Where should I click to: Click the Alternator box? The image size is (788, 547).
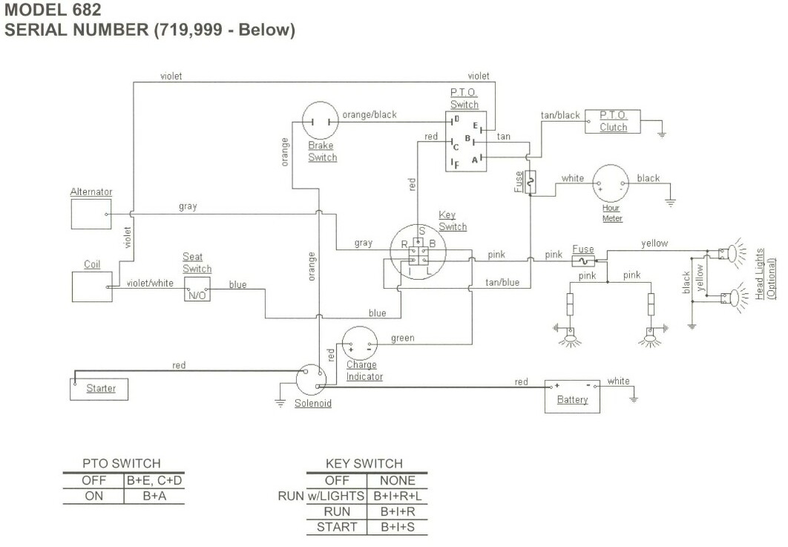click(x=91, y=214)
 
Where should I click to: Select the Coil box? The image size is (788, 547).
click(x=92, y=286)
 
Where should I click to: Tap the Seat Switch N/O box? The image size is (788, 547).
click(x=197, y=289)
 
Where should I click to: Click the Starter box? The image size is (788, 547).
click(x=99, y=388)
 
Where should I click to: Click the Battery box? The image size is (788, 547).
click(x=572, y=397)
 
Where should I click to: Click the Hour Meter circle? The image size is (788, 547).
click(x=611, y=184)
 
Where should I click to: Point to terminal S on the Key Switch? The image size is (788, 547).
click(x=421, y=232)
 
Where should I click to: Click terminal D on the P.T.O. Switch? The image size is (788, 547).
click(x=456, y=119)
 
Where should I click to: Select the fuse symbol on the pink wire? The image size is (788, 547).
click(x=584, y=261)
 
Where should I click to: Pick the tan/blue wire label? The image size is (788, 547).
click(x=502, y=282)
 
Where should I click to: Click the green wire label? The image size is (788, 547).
click(x=402, y=338)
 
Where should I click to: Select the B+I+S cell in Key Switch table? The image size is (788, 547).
click(x=398, y=527)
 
